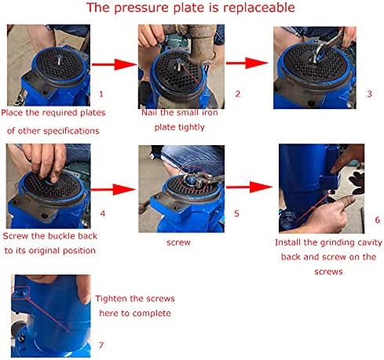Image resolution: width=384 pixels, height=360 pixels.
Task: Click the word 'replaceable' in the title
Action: [x=259, y=8]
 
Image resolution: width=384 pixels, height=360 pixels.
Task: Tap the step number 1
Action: [x=101, y=94]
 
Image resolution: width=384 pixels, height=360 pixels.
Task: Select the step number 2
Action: [x=238, y=94]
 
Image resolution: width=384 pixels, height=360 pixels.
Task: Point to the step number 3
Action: [x=369, y=94]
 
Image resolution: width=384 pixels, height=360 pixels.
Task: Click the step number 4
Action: [x=103, y=213]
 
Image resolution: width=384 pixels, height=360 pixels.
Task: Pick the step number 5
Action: [x=236, y=213]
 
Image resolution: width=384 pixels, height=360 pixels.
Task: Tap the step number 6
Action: [x=377, y=220]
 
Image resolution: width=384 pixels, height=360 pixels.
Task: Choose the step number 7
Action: [x=101, y=345]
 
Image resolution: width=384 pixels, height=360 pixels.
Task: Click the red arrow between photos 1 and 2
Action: [x=115, y=64]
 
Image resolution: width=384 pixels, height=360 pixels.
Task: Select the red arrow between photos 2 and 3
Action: [x=247, y=63]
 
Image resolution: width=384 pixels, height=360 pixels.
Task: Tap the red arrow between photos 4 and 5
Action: [x=113, y=189]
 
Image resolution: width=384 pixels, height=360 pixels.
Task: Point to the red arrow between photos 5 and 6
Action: [x=249, y=187]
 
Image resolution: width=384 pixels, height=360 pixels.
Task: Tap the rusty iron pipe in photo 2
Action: [x=202, y=45]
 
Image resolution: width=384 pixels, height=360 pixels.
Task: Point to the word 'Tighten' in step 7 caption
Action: [x=110, y=298]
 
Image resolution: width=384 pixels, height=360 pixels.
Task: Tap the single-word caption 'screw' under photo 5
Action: [x=178, y=242]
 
